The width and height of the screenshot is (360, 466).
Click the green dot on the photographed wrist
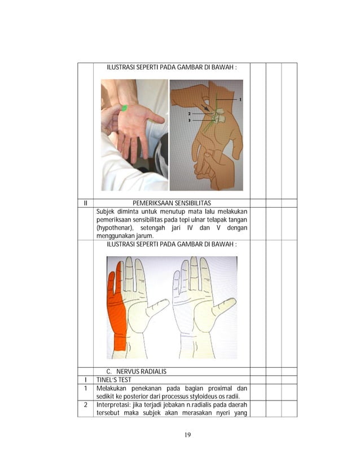[x=124, y=108]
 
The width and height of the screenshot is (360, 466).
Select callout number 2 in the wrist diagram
[x=190, y=113]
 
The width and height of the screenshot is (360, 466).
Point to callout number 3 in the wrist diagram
[x=190, y=120]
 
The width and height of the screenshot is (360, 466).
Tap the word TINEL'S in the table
[x=106, y=381]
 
